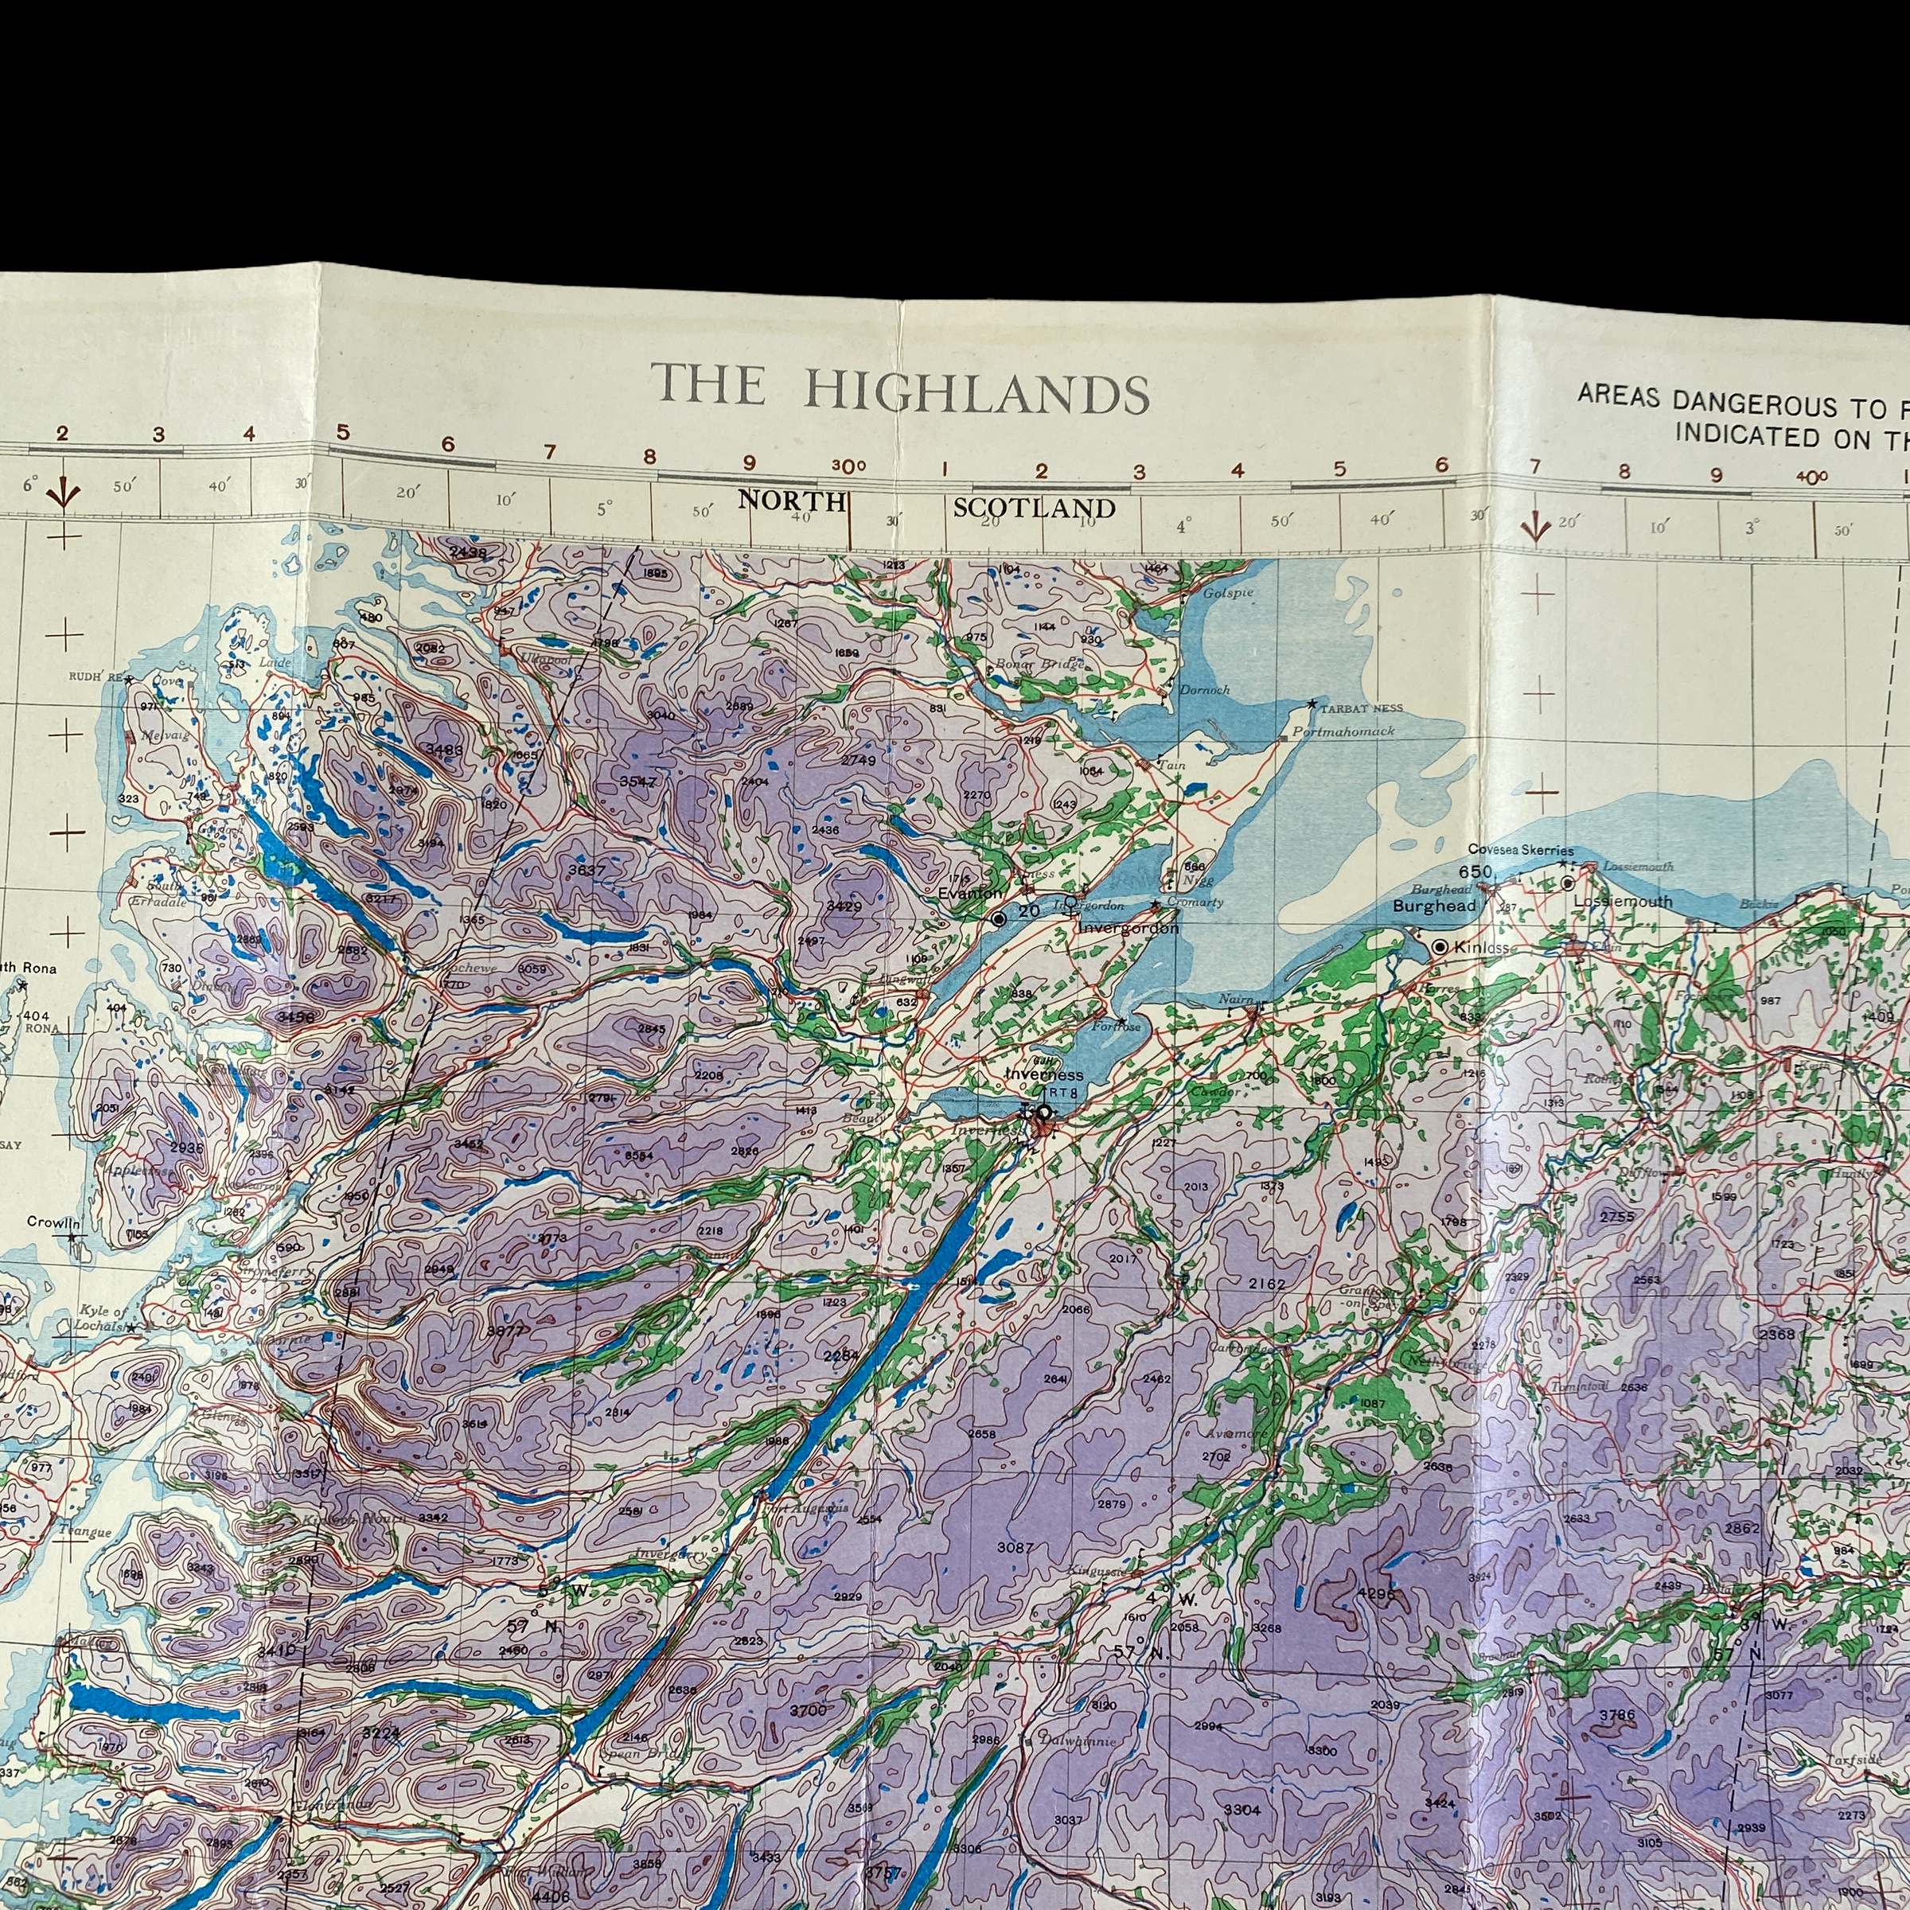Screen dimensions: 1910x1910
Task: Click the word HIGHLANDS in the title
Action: tap(976, 392)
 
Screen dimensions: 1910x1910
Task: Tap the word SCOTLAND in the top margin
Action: tap(1033, 509)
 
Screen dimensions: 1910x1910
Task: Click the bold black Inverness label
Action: tap(1044, 1074)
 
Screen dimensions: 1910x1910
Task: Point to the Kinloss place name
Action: tap(1482, 948)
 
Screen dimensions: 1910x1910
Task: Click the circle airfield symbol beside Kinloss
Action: tap(1440, 947)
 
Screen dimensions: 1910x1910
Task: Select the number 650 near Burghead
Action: tap(1474, 871)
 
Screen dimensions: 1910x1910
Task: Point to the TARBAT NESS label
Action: tap(1362, 709)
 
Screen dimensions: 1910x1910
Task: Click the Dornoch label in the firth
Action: tap(1204, 690)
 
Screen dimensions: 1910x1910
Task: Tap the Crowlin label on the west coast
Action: tap(53, 1222)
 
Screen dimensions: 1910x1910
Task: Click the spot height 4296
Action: tap(1375, 1593)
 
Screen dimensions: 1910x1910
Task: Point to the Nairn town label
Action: tap(1236, 1000)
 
